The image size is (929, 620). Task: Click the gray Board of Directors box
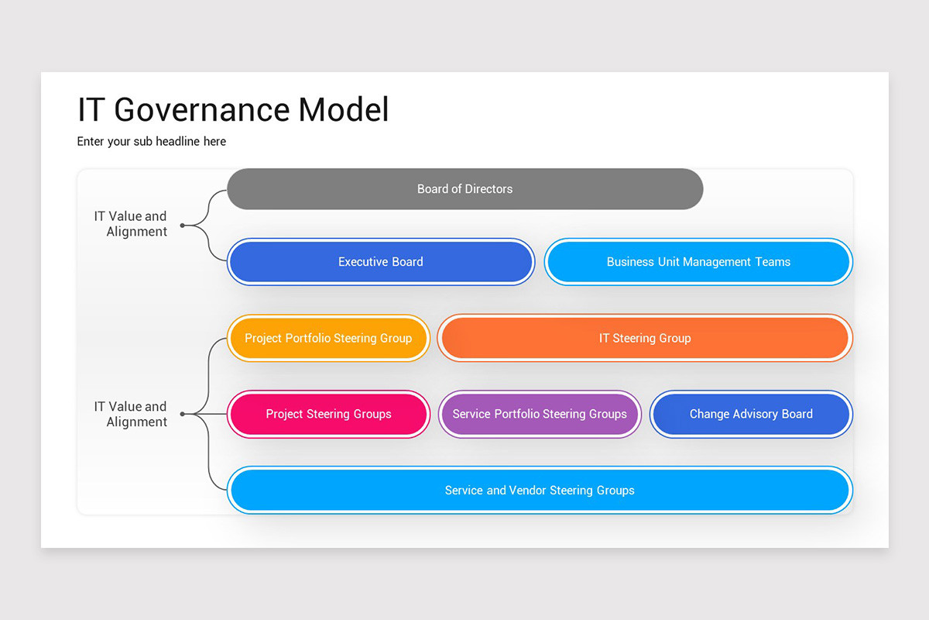click(x=464, y=189)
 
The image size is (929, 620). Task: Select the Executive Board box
click(x=380, y=262)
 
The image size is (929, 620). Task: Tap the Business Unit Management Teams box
click(x=698, y=262)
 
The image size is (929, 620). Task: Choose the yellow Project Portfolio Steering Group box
click(x=328, y=338)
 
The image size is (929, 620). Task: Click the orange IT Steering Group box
click(x=645, y=338)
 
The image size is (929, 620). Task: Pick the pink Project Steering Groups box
click(x=328, y=414)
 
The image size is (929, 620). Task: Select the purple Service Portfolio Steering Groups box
click(x=540, y=414)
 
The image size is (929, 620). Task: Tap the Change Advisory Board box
click(x=751, y=414)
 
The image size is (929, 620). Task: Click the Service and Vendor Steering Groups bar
click(x=540, y=490)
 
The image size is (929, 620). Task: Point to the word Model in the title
click(x=344, y=110)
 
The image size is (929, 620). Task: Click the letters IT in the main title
click(x=90, y=110)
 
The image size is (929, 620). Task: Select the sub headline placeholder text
click(x=152, y=141)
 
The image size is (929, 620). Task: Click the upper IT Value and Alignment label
click(x=131, y=224)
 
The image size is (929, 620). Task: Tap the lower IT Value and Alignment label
click(x=131, y=414)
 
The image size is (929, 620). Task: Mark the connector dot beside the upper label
click(x=183, y=226)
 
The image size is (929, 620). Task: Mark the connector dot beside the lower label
click(x=183, y=415)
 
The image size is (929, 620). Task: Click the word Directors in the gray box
click(x=488, y=189)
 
